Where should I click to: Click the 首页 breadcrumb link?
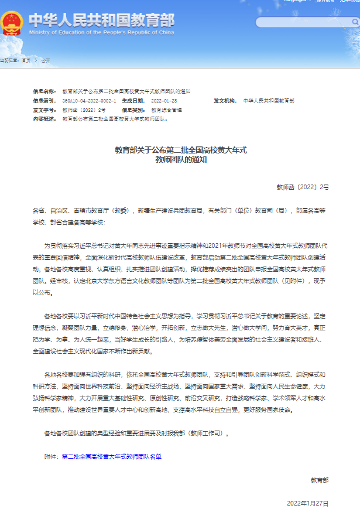click(x=26, y=60)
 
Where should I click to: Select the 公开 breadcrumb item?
click(x=46, y=60)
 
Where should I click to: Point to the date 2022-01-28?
click(x=164, y=101)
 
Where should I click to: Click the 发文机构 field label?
click(x=224, y=101)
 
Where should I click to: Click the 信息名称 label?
click(x=44, y=92)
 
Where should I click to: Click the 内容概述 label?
click(x=44, y=119)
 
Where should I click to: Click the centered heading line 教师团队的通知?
click(x=180, y=159)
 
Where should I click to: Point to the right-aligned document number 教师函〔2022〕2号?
click(x=303, y=187)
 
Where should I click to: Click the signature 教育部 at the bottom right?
click(x=320, y=480)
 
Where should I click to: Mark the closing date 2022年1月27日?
click(x=308, y=503)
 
